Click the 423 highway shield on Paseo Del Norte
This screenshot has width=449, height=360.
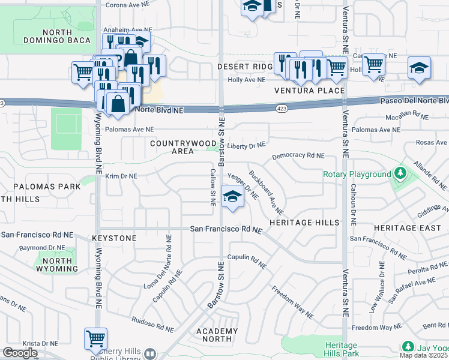[x=281, y=109]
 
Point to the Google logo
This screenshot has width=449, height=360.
[x=20, y=353]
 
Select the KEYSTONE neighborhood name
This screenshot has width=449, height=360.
[x=114, y=238]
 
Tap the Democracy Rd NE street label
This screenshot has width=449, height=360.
[x=298, y=156]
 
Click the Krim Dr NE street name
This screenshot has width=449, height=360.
[x=122, y=176]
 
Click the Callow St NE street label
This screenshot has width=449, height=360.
[x=212, y=187]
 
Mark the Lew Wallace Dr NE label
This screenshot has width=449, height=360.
[x=382, y=281]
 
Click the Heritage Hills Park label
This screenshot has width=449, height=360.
[x=341, y=350]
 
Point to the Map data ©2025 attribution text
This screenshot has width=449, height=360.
[x=423, y=355]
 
